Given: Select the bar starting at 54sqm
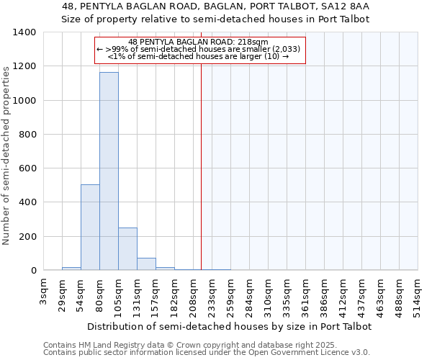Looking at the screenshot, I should click(90, 228).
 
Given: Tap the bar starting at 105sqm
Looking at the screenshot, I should click(127, 249).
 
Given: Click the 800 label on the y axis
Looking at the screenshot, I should click(27, 135).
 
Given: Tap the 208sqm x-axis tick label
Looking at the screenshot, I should click(193, 292).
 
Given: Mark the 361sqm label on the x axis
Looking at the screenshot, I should click(305, 292).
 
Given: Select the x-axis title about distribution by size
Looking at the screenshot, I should click(229, 326).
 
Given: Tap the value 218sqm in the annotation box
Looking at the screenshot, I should click(252, 42).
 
